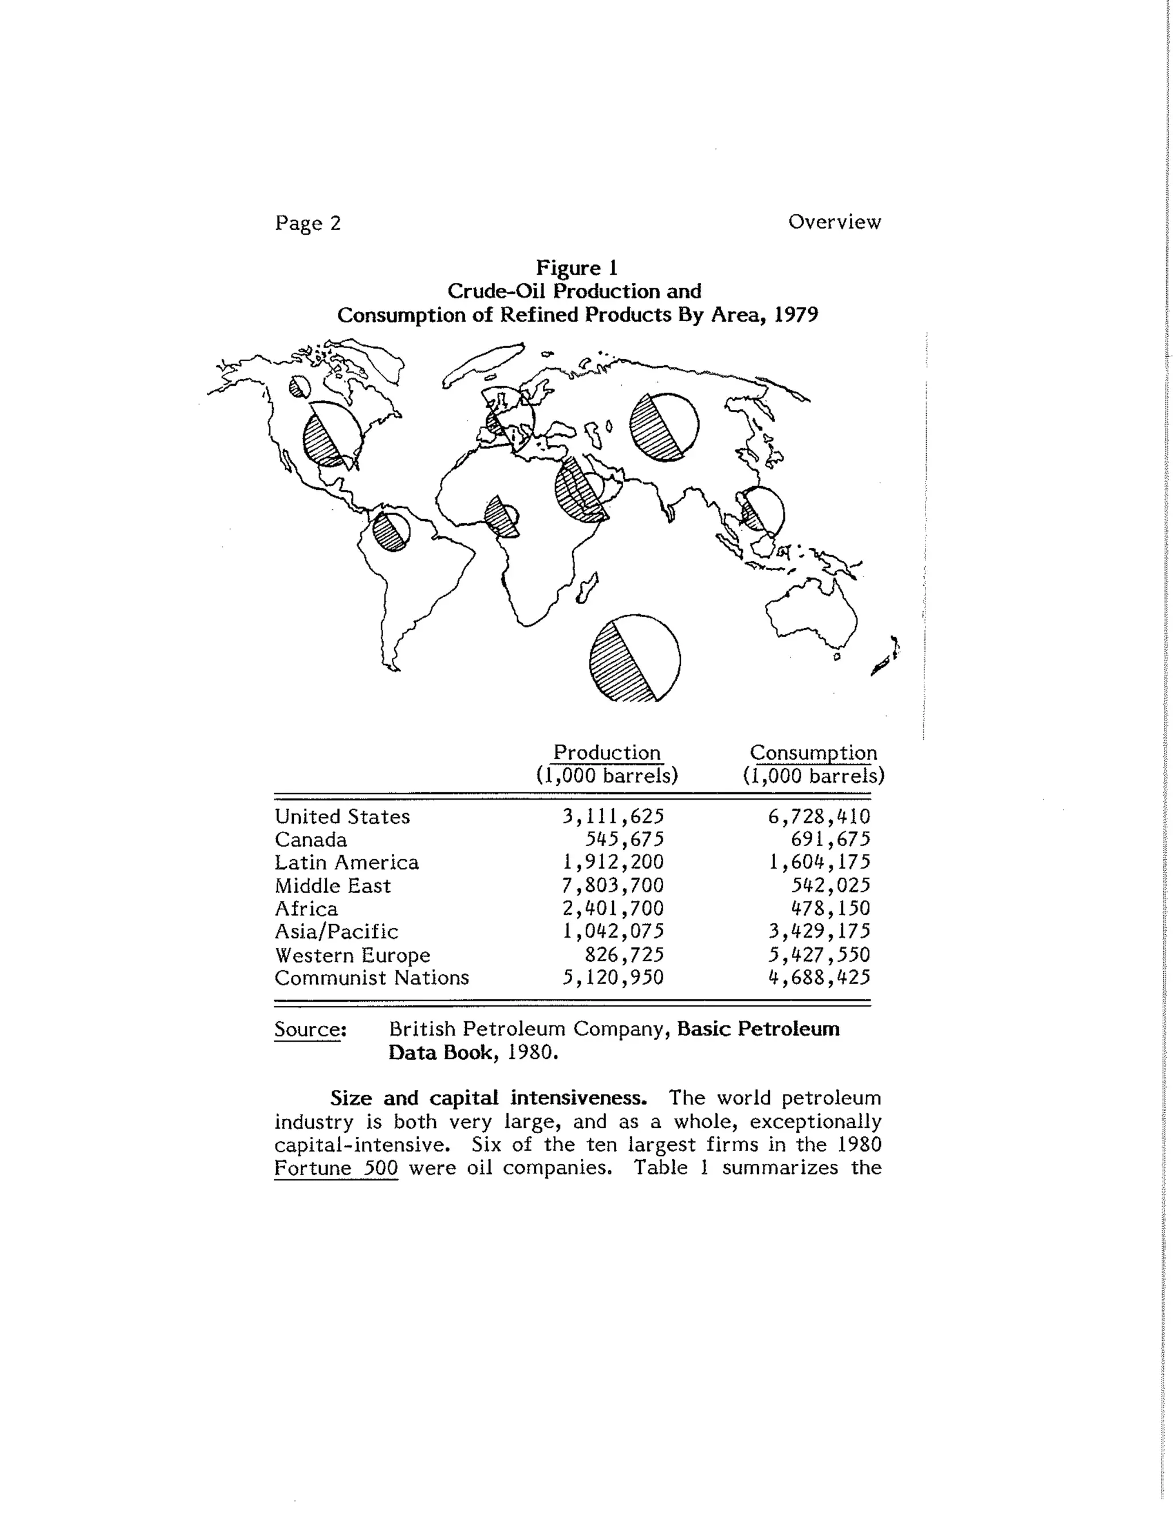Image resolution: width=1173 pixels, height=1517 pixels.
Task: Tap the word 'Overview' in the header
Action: (x=834, y=222)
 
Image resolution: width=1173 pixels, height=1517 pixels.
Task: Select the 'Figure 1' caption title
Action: (x=576, y=267)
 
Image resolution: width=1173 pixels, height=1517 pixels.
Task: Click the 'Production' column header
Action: (x=607, y=753)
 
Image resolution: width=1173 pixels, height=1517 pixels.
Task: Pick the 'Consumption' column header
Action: (x=813, y=753)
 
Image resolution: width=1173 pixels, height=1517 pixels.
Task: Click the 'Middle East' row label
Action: (x=332, y=886)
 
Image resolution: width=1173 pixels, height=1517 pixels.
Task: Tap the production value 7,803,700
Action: (x=613, y=885)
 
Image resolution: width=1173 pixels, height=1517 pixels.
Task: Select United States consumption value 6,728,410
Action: (x=818, y=816)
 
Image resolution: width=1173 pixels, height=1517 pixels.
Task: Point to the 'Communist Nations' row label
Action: (x=372, y=978)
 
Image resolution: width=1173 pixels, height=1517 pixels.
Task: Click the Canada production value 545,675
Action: (x=624, y=839)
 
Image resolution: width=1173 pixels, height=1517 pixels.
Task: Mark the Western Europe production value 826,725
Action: (x=624, y=954)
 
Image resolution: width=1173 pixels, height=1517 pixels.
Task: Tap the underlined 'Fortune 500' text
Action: (x=336, y=1168)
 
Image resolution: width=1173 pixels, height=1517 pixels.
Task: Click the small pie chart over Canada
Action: (x=299, y=386)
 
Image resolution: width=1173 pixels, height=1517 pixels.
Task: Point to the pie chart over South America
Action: (x=391, y=531)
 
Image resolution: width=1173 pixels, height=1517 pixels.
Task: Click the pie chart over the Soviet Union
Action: (x=664, y=427)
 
